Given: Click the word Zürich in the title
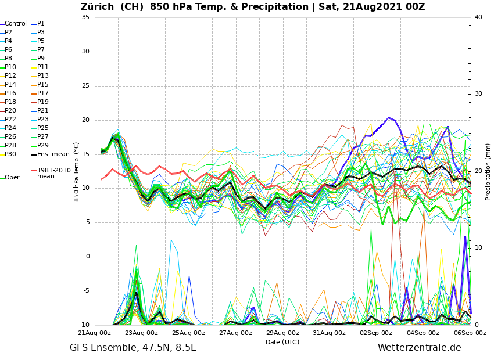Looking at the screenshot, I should pyautogui.click(x=99, y=7).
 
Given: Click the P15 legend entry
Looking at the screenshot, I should pyautogui.click(x=43, y=85).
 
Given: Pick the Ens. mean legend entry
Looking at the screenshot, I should pyautogui.click(x=53, y=154).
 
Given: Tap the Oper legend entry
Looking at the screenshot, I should pyautogui.click(x=12, y=178).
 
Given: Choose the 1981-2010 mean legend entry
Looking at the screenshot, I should pyautogui.click(x=53, y=173).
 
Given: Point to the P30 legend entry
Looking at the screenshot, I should pyautogui.click(x=10, y=154).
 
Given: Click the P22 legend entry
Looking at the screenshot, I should pyautogui.click(x=10, y=120).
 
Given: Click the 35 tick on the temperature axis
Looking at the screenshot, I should pyautogui.click(x=85, y=17).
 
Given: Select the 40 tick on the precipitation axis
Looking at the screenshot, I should pyautogui.click(x=478, y=17).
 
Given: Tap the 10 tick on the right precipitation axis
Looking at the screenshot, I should pyautogui.click(x=478, y=248).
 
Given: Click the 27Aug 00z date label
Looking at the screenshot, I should pyautogui.click(x=235, y=333).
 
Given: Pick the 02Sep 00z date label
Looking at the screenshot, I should pyautogui.click(x=376, y=333).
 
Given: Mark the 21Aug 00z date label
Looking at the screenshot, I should pyautogui.click(x=95, y=333).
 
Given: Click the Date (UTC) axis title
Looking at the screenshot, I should pyautogui.click(x=282, y=343).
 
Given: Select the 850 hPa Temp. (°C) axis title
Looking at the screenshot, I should pyautogui.click(x=77, y=171).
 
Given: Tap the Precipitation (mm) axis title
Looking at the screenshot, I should pyautogui.click(x=488, y=171).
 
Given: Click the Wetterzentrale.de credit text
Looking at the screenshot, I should pyautogui.click(x=419, y=348).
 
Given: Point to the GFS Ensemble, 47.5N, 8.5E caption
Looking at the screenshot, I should pyautogui.click(x=133, y=348).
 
